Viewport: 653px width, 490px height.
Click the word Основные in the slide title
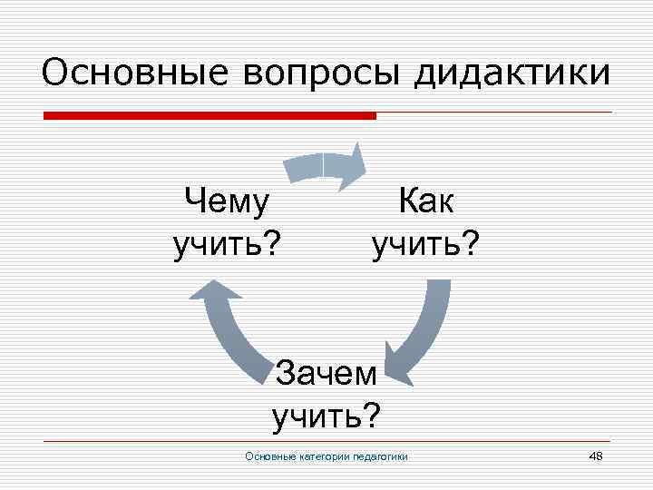point(127,73)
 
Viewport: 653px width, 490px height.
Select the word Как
point(426,202)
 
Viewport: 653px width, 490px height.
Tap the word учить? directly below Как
point(426,243)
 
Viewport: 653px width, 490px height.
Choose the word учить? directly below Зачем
point(326,416)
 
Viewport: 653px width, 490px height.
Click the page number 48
point(596,455)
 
